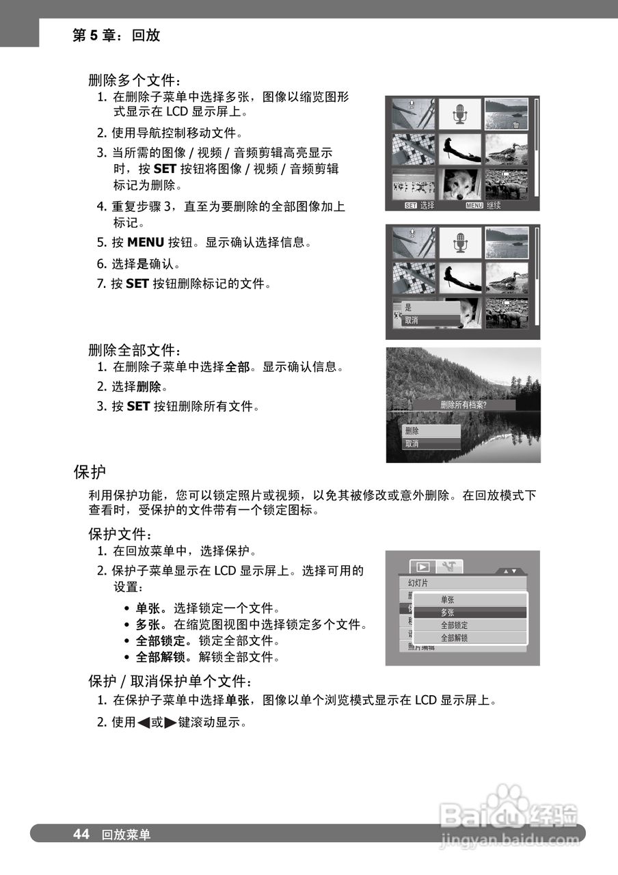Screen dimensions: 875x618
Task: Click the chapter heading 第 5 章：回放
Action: click(x=116, y=36)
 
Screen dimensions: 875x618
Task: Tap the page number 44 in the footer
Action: click(x=81, y=834)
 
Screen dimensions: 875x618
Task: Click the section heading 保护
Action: click(x=90, y=472)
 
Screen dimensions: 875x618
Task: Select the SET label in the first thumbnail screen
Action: click(x=410, y=205)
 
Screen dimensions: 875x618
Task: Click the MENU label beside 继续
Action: click(x=473, y=205)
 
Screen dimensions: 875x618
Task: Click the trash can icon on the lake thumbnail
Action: click(x=516, y=124)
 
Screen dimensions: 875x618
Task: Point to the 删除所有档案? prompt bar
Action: click(x=468, y=405)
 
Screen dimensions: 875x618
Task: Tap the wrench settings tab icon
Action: click(x=449, y=567)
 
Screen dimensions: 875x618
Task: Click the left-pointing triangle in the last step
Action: click(x=144, y=722)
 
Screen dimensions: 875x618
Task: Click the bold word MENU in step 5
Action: click(x=146, y=242)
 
